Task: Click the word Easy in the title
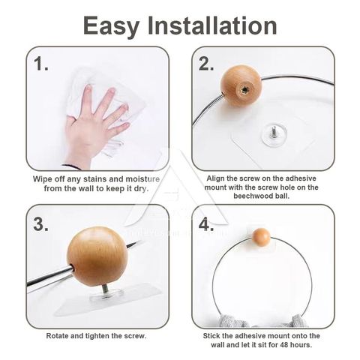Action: (111, 26)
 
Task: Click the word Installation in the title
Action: (212, 25)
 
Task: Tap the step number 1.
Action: (40, 64)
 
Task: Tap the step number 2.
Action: (206, 64)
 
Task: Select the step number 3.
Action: (40, 224)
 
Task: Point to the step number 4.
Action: (206, 224)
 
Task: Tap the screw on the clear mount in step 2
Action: (273, 131)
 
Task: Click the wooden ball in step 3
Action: (97, 256)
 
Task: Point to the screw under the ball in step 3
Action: (105, 291)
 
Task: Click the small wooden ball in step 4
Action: (261, 236)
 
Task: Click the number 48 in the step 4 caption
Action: (284, 345)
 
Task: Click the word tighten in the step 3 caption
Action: (97, 336)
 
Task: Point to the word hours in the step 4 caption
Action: (301, 345)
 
